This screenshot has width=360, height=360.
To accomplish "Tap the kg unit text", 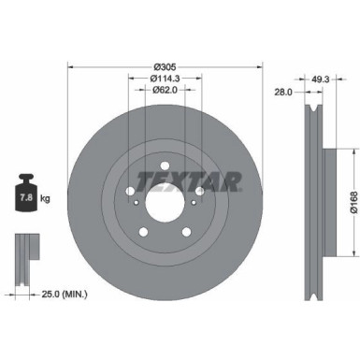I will [x=45, y=199].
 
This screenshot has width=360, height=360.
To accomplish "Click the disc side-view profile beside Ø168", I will [x=314, y=201].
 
